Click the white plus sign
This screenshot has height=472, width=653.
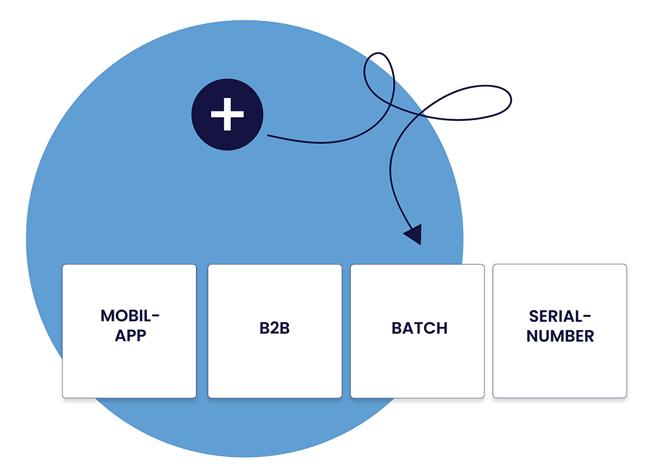(x=227, y=114)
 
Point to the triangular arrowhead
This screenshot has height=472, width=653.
(x=414, y=234)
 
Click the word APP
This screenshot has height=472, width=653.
(x=131, y=336)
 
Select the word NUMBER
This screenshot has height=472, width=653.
(x=560, y=336)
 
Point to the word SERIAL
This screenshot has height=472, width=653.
(x=555, y=316)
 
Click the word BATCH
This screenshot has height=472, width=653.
(x=420, y=328)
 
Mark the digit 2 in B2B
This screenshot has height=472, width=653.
(x=275, y=328)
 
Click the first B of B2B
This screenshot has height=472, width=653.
(x=264, y=328)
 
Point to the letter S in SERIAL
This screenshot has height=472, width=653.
(x=534, y=316)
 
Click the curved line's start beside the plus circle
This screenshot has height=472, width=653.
(x=268, y=135)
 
